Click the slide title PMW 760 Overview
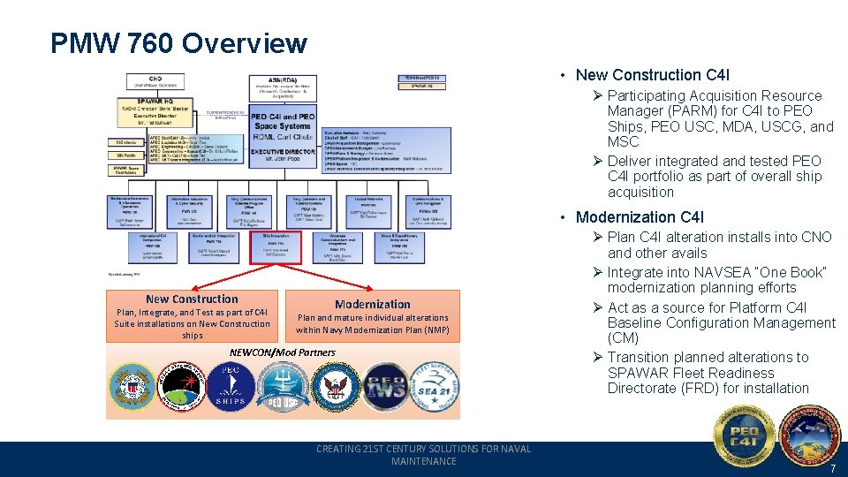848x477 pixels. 178,43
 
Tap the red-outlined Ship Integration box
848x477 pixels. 275,247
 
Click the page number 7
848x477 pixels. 831,468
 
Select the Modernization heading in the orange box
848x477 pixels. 372,304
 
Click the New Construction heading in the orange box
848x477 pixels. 192,299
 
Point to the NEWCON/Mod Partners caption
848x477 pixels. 282,352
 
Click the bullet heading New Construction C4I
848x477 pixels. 652,75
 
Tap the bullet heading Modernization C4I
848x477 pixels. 640,217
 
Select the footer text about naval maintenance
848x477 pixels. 423,455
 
